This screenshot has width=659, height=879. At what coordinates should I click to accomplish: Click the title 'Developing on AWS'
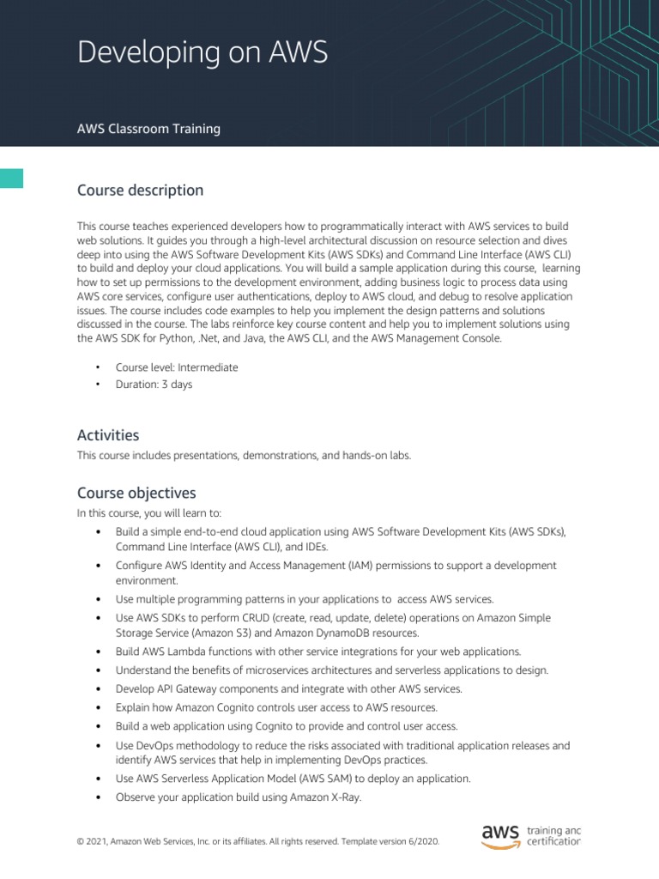(x=203, y=53)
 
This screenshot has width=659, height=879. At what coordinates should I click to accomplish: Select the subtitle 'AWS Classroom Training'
(x=148, y=129)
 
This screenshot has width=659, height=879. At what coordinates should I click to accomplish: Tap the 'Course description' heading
(x=140, y=190)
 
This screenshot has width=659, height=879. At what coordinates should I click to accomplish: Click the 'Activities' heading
(x=108, y=435)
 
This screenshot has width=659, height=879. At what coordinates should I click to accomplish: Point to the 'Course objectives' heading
(x=136, y=493)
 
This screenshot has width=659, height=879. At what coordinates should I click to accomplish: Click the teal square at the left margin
(x=11, y=178)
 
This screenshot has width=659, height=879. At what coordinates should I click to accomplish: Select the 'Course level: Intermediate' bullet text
(x=177, y=367)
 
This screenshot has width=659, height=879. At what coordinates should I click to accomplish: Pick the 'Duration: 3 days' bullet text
(x=154, y=385)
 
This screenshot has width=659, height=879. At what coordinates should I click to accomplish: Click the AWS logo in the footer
(x=500, y=836)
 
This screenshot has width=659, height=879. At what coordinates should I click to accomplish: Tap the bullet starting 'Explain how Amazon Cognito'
(x=276, y=707)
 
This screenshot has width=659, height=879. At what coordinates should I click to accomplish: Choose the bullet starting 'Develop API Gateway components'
(x=289, y=688)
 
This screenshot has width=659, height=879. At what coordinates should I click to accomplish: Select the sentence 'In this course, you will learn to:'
(x=149, y=513)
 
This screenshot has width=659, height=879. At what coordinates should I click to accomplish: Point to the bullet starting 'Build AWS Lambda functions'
(x=317, y=652)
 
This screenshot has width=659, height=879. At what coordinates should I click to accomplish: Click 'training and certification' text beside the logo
(x=553, y=836)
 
